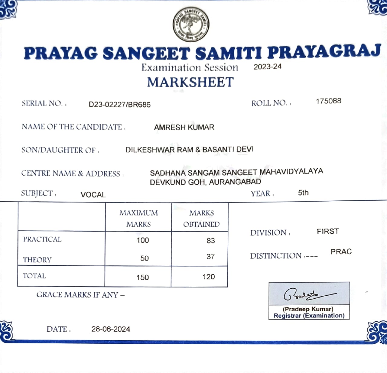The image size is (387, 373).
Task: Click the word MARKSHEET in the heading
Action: (190, 82)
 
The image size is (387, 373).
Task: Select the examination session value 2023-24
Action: (267, 67)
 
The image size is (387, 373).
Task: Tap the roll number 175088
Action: (328, 101)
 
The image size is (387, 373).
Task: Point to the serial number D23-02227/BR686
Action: (119, 105)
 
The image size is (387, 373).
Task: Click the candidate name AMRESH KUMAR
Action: (184, 127)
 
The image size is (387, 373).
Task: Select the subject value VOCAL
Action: (93, 195)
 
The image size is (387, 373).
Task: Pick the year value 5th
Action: (303, 193)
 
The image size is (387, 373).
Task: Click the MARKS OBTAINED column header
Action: (201, 219)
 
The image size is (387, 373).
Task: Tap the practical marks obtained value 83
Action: (211, 241)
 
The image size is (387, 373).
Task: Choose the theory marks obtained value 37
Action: (210, 257)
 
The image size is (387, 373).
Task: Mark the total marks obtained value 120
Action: (209, 277)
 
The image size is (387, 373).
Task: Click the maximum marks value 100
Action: (143, 240)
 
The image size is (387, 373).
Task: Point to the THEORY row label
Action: (37, 260)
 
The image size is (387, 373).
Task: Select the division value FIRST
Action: (328, 232)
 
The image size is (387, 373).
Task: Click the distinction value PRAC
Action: (341, 252)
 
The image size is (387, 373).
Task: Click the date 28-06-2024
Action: (111, 329)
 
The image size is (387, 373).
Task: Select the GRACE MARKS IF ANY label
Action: (80, 295)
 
